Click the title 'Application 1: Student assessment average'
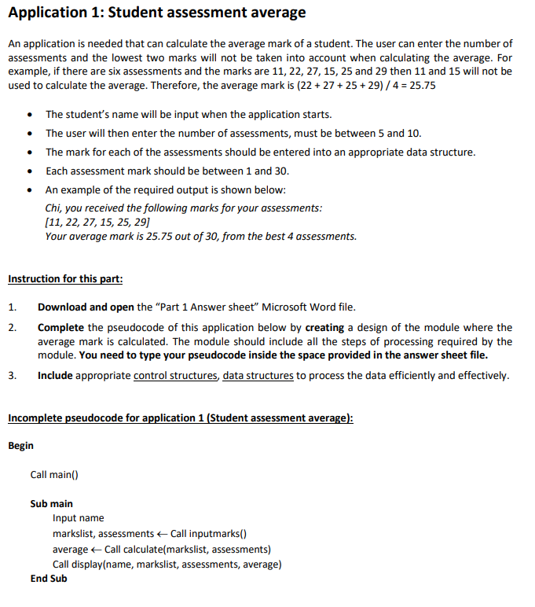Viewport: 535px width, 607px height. pos(156,13)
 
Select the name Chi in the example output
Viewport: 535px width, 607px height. pos(53,208)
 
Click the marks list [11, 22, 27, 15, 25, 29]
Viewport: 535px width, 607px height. pos(97,222)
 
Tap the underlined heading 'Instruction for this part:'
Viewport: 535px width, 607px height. pos(64,278)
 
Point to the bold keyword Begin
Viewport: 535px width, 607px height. pos(21,446)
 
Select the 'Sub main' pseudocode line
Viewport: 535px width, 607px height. pos(52,503)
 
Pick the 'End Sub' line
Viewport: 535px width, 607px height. pos(49,579)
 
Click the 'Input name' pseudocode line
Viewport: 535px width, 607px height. pos(78,518)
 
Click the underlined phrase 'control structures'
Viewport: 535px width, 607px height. pos(175,375)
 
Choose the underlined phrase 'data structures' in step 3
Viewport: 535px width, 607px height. pos(258,375)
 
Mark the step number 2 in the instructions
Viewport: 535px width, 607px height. pos(12,327)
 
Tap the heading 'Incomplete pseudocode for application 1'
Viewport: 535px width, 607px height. pos(180,418)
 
